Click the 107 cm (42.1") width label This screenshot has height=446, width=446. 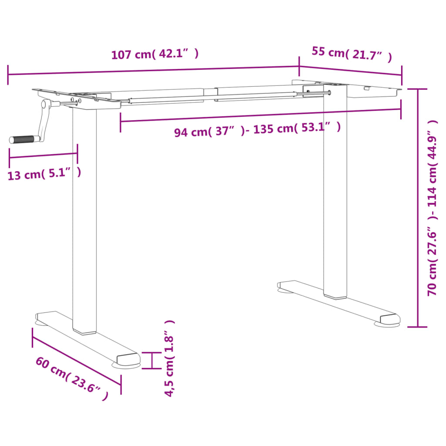(155, 54)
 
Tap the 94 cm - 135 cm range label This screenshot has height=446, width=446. (257, 130)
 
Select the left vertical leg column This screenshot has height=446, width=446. (84, 218)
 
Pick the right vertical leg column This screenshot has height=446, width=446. (335, 192)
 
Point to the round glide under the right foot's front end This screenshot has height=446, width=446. (387, 324)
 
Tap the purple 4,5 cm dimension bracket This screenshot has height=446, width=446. (151, 360)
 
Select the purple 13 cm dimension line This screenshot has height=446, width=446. (43, 155)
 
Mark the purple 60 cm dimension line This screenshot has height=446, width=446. (76, 356)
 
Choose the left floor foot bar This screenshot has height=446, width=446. (87, 338)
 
